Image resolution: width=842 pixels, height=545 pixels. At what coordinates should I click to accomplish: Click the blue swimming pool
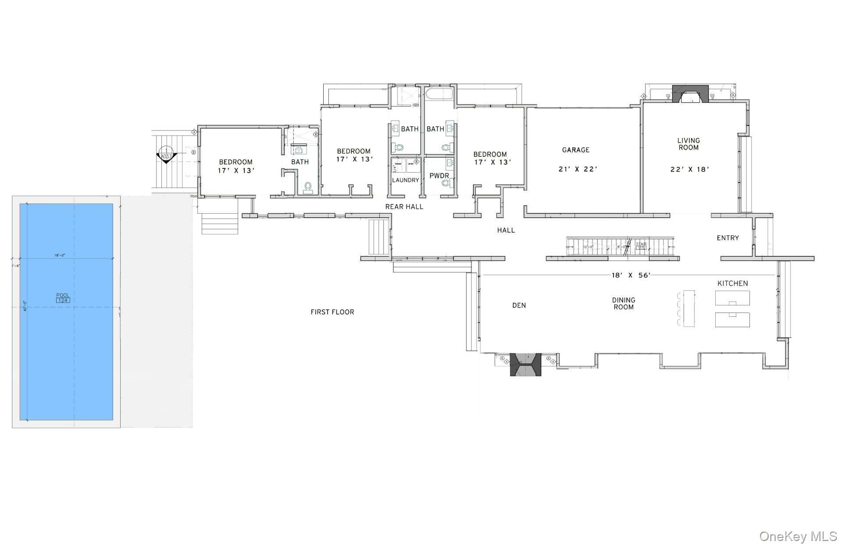66,312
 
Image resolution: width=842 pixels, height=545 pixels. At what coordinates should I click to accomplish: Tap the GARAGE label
576,150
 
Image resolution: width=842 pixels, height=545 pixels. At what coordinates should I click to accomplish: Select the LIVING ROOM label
689,144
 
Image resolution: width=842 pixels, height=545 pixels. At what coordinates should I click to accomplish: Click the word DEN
519,305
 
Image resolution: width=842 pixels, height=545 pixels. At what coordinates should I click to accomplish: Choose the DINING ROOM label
624,304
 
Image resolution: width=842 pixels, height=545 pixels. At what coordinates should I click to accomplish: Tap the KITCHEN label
732,283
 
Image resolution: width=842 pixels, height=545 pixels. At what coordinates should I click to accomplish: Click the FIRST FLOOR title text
332,312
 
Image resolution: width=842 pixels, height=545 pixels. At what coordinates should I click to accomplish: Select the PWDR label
439,176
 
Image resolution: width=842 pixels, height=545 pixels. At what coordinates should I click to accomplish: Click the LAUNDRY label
405,180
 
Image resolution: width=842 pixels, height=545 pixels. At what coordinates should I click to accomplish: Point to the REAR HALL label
404,207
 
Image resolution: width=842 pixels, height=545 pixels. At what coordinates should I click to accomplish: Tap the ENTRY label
728,238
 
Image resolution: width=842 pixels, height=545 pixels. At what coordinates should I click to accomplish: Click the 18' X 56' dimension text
631,275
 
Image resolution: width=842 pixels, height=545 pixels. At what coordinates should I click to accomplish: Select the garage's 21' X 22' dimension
578,169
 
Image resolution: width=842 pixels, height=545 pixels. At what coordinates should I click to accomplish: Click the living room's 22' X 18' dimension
689,169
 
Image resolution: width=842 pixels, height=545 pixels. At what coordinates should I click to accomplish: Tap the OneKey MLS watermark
798,536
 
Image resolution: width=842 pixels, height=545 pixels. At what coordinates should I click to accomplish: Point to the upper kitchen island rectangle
732,298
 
